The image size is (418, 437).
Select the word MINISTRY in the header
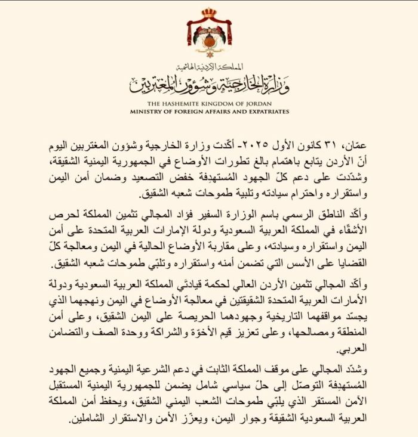coord(149,111)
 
